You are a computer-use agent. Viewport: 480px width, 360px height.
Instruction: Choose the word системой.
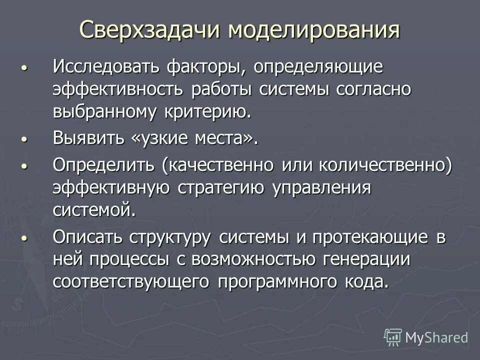94,209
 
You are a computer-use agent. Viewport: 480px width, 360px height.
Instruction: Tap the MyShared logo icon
393,337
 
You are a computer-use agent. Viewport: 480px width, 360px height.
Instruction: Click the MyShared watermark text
436,338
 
